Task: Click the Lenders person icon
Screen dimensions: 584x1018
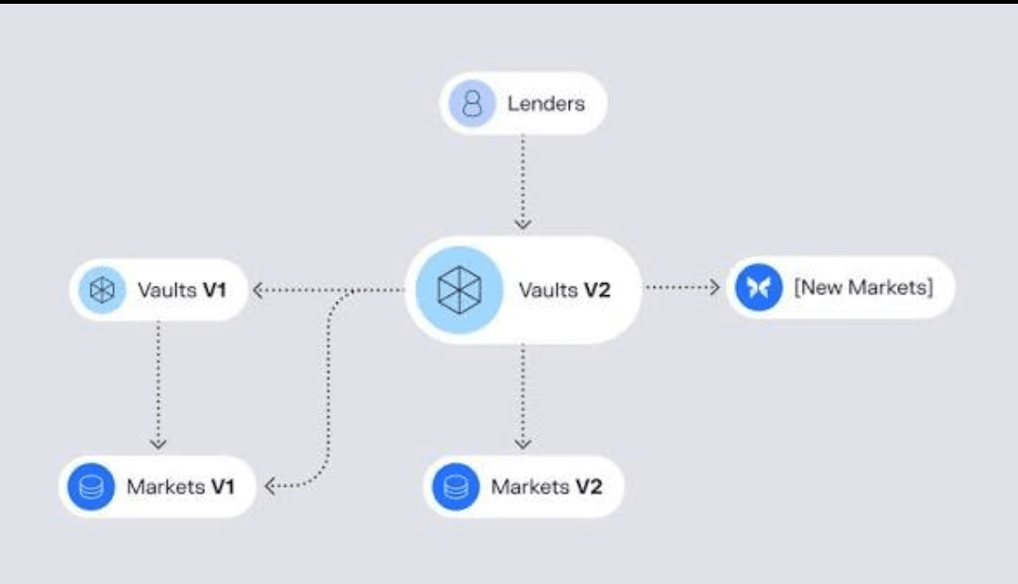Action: pyautogui.click(x=475, y=103)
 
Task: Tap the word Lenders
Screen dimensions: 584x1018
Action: pyautogui.click(x=547, y=103)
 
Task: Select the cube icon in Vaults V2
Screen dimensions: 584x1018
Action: pyautogui.click(x=460, y=290)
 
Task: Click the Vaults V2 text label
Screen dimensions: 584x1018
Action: pyautogui.click(x=564, y=290)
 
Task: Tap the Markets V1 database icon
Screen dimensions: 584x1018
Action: pyautogui.click(x=91, y=487)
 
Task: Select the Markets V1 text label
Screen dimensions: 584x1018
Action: pyautogui.click(x=180, y=487)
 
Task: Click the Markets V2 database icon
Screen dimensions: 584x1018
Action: pyautogui.click(x=456, y=487)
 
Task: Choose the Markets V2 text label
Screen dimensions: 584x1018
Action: pyautogui.click(x=545, y=487)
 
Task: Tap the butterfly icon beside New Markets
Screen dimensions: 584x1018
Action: pyautogui.click(x=759, y=287)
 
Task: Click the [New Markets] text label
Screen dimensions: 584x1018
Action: pyautogui.click(x=863, y=287)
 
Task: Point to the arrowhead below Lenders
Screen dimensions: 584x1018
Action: pyautogui.click(x=522, y=224)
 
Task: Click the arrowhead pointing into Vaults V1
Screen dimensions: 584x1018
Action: pyautogui.click(x=259, y=290)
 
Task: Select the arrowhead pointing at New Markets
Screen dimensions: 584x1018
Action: pyautogui.click(x=713, y=287)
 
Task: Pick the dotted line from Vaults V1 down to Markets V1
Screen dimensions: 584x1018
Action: pyautogui.click(x=159, y=377)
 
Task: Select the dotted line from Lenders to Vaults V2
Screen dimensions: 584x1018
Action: pyautogui.click(x=522, y=179)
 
